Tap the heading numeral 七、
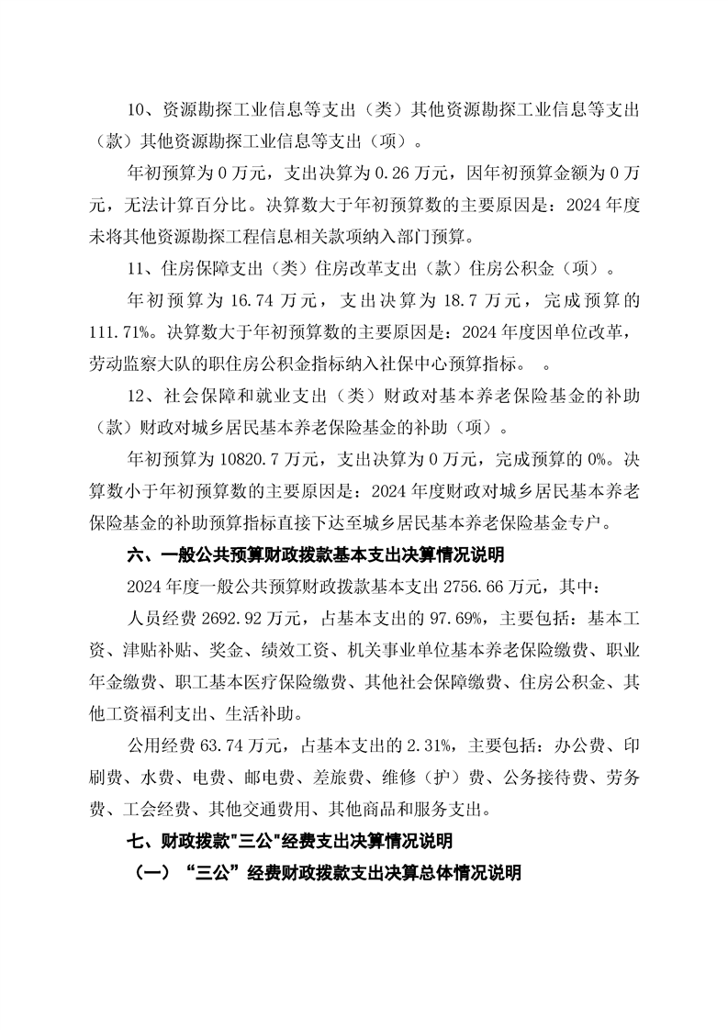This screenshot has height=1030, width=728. [x=140, y=840]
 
